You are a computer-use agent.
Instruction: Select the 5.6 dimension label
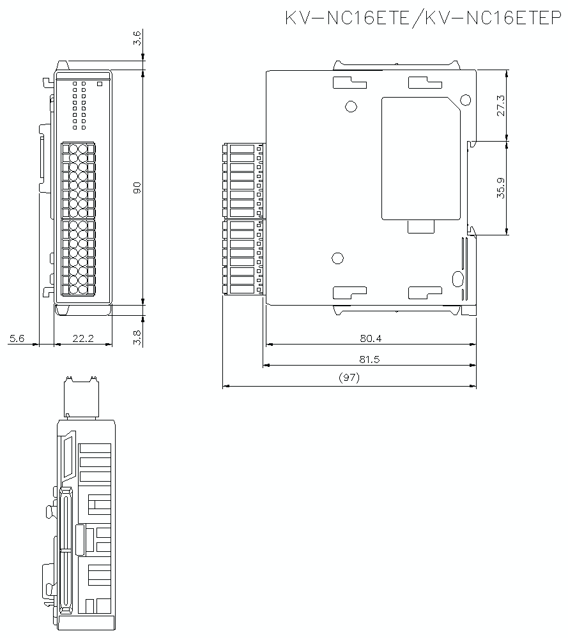[17, 339]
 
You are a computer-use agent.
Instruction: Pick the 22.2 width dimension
[83, 339]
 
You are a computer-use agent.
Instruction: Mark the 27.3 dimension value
[500, 105]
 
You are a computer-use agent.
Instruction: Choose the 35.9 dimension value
[500, 188]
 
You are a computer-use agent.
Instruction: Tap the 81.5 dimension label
[369, 359]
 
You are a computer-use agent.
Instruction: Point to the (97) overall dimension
[349, 378]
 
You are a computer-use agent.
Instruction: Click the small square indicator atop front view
[99, 83]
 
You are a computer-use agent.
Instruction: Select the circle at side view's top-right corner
[464, 100]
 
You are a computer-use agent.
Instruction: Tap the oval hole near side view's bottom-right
[457, 279]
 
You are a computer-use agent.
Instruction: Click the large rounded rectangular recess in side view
[420, 158]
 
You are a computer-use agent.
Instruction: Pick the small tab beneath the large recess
[421, 226]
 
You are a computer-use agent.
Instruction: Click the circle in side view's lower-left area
[338, 258]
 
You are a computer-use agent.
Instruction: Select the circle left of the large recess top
[349, 107]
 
